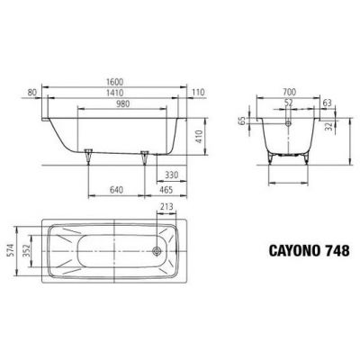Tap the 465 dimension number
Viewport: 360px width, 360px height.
167,191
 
